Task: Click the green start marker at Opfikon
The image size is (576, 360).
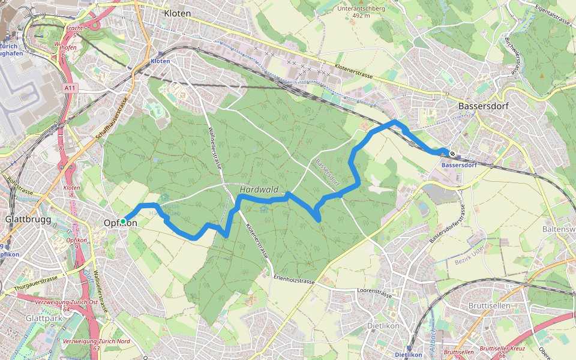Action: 123,221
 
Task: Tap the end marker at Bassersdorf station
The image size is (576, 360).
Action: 452,154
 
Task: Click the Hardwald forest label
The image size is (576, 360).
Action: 259,190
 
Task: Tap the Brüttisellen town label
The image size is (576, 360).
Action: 488,305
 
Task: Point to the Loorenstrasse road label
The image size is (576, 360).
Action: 374,293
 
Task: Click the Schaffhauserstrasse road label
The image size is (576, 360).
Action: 113,119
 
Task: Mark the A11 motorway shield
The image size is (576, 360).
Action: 70,88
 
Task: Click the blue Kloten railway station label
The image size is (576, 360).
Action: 160,61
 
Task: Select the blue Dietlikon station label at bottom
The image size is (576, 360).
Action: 408,355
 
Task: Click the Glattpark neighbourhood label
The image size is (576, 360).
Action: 44,319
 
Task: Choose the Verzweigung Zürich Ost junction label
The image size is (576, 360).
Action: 66,302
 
